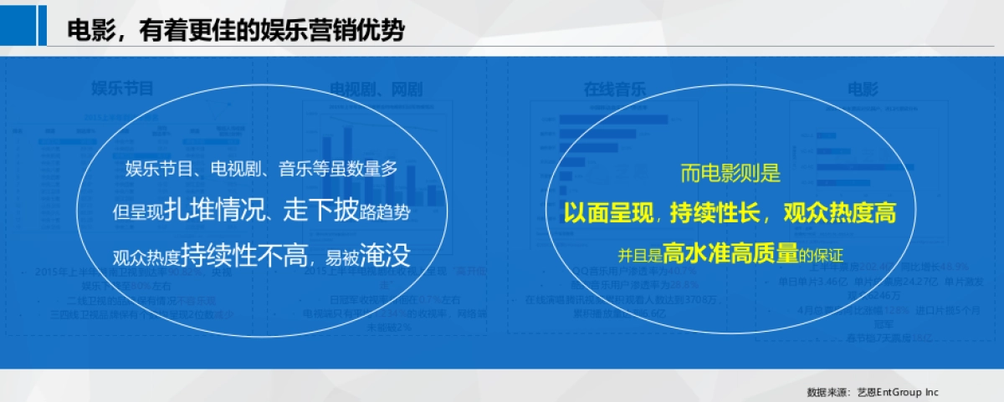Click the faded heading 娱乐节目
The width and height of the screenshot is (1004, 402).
[x=122, y=89]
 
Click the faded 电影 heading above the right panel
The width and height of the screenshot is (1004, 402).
[x=863, y=89]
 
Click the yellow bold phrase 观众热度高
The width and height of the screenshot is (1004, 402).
[x=839, y=214]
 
